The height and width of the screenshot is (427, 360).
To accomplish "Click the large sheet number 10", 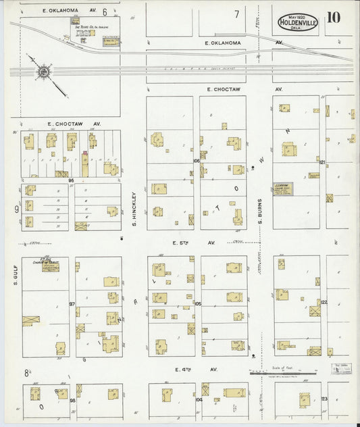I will tap(333, 18).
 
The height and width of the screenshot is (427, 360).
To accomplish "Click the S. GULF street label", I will tap(14, 272).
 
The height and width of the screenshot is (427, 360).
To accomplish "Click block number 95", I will tap(71, 180).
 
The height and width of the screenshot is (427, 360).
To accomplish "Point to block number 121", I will tap(323, 162).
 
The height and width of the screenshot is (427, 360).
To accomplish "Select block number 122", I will tap(324, 302).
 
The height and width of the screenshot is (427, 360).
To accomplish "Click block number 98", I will tap(72, 400).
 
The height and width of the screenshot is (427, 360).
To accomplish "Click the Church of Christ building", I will tap(49, 266).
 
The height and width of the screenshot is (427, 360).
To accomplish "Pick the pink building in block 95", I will tap(84, 163).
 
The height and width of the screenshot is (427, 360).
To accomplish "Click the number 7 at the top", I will tap(236, 14).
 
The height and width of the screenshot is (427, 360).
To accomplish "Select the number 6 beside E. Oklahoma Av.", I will tap(105, 11).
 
